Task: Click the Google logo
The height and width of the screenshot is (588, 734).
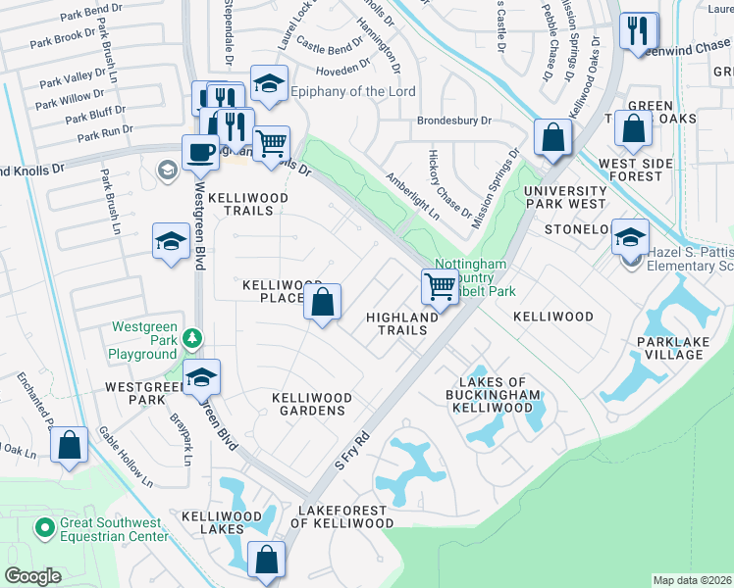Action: pyautogui.click(x=32, y=576)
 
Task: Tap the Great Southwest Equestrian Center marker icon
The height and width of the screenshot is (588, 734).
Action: pyautogui.click(x=44, y=528)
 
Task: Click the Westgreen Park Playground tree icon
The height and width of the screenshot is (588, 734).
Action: pyautogui.click(x=194, y=338)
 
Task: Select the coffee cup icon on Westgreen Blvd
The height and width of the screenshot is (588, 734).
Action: pyautogui.click(x=200, y=152)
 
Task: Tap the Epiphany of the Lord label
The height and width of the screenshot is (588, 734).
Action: pyautogui.click(x=353, y=92)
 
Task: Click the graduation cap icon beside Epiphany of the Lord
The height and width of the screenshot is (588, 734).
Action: pyautogui.click(x=268, y=83)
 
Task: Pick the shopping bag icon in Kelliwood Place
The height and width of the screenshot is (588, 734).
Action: pyautogui.click(x=323, y=302)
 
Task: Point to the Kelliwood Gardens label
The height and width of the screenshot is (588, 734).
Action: pyautogui.click(x=312, y=404)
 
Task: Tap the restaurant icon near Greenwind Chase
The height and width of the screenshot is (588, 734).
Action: pyautogui.click(x=639, y=31)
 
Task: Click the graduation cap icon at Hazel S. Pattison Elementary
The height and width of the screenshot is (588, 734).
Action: pyautogui.click(x=630, y=236)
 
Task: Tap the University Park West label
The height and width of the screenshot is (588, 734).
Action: pyautogui.click(x=565, y=197)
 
